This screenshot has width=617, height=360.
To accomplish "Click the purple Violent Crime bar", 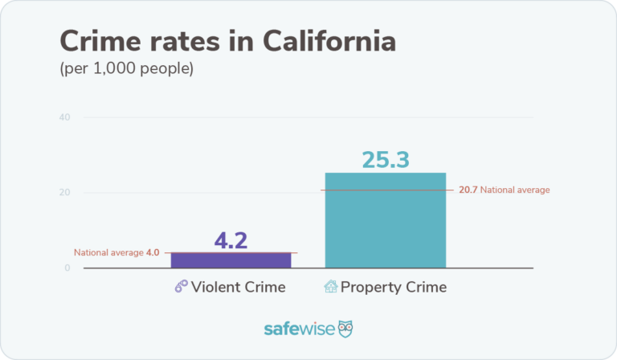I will [231, 260].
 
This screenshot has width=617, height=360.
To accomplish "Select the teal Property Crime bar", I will [385, 221].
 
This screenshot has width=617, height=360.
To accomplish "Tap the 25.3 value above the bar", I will [386, 159].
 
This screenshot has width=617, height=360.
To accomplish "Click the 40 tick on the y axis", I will [63, 118].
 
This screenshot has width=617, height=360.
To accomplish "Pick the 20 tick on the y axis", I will [63, 193].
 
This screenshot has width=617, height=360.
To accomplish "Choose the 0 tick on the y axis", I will [67, 268].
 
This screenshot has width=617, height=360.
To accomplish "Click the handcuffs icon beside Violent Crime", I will [181, 287].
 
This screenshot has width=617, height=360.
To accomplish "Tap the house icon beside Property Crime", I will [329, 287].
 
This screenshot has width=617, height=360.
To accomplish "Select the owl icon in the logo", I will [346, 329].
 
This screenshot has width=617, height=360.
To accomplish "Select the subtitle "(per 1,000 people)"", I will [127, 69].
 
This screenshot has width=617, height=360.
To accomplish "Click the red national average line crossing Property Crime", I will [386, 190].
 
